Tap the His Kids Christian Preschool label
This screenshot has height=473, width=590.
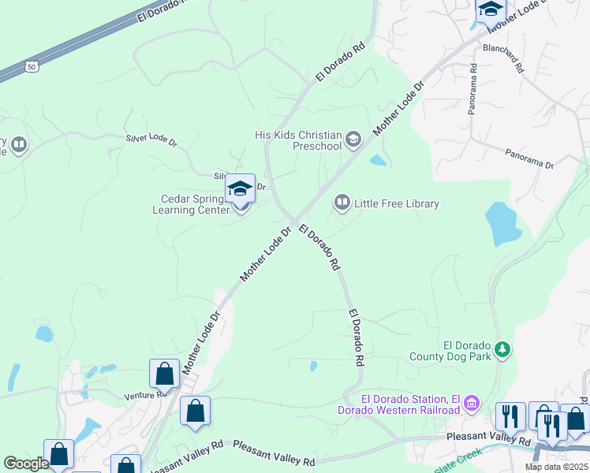(x=298, y=140)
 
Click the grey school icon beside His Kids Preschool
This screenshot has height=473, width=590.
(x=353, y=140)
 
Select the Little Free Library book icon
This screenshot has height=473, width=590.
(x=342, y=203)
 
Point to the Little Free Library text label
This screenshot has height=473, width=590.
(x=396, y=204)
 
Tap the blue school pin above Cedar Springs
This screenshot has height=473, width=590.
(x=240, y=189)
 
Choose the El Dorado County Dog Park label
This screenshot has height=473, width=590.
(x=450, y=351)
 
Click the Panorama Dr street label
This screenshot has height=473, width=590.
(x=530, y=158)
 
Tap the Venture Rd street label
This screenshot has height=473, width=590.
(x=143, y=395)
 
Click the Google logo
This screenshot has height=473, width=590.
(x=26, y=464)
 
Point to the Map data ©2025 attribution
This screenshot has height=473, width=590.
(x=555, y=467)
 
